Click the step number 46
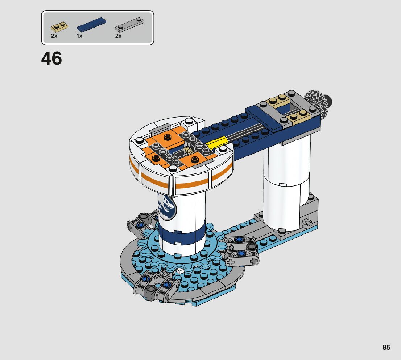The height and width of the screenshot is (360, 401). click(51, 58)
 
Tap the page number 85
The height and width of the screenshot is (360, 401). click(386, 347)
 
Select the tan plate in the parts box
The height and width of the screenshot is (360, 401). click(59, 26)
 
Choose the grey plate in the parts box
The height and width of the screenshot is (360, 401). click(130, 25)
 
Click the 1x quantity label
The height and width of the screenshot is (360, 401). click(79, 36)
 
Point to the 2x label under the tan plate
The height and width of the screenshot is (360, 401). click(54, 36)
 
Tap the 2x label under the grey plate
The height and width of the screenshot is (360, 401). click(118, 36)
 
